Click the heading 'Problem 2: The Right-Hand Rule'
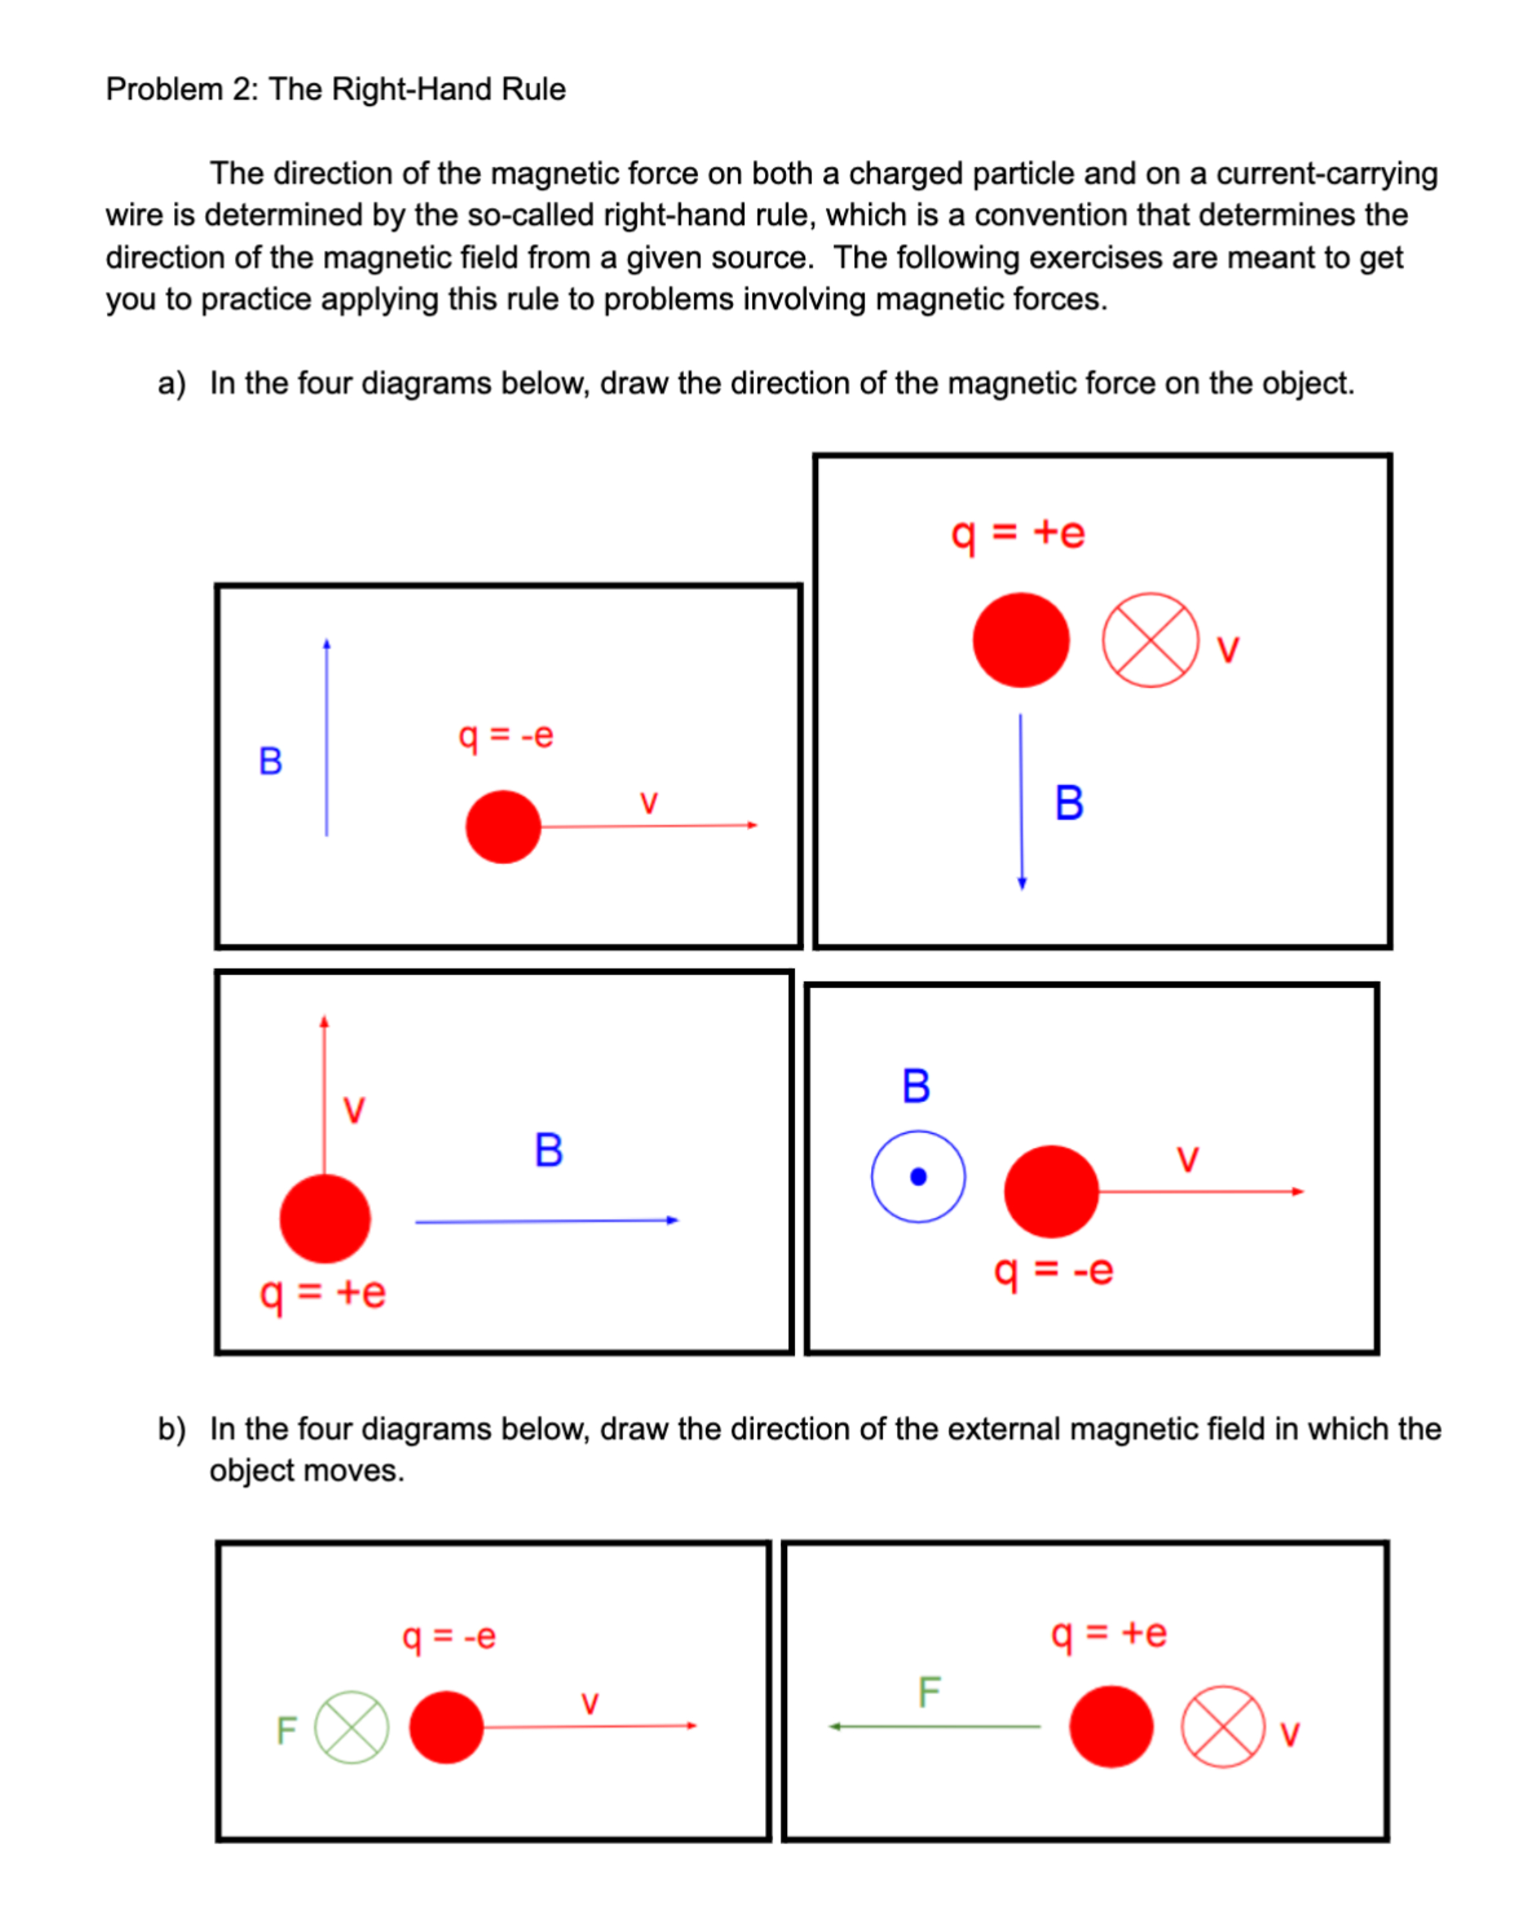coord(336,89)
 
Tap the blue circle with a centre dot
coord(919,1177)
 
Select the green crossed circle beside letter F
coord(352,1727)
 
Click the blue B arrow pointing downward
coord(1022,801)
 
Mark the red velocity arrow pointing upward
coord(324,1094)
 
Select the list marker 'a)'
coord(172,383)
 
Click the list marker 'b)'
coord(172,1429)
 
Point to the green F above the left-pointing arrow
coord(929,1692)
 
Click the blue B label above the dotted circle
coord(915,1087)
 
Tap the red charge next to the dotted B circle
coord(1051,1191)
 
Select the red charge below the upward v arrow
coord(325,1219)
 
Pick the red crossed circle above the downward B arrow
coord(1150,640)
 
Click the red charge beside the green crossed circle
coord(446,1727)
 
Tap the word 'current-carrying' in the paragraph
coord(1326,173)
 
